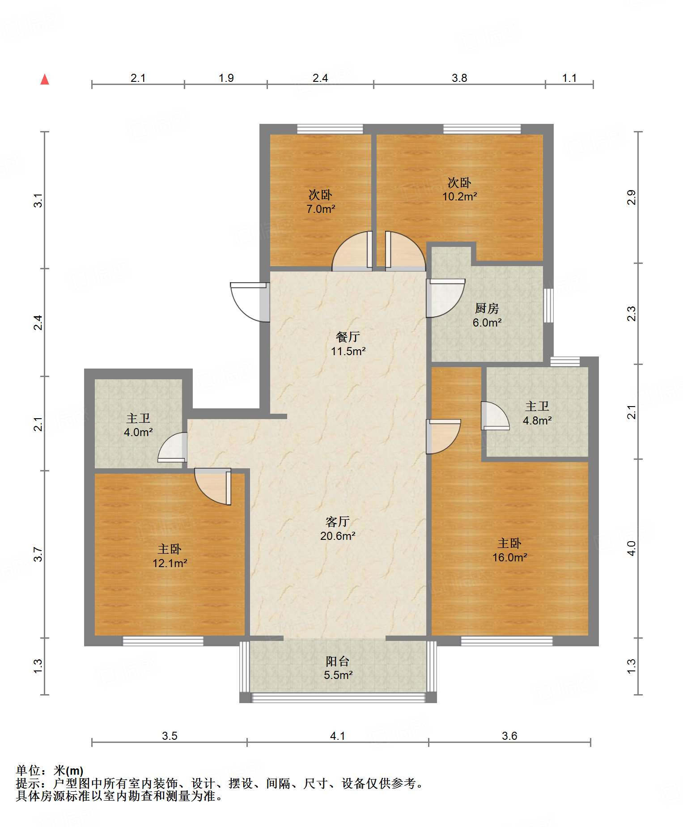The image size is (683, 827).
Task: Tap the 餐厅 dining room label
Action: click(348, 337)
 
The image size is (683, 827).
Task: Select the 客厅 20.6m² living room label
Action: click(338, 528)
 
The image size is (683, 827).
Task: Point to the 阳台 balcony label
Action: click(338, 661)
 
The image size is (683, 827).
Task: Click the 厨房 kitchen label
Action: click(487, 308)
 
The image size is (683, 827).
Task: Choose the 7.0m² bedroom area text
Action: click(321, 209)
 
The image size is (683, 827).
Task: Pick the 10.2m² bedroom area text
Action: click(459, 196)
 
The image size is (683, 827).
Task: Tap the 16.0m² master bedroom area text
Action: click(509, 557)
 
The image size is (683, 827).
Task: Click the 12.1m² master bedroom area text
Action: click(170, 563)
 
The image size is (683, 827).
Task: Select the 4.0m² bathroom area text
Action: click(138, 433)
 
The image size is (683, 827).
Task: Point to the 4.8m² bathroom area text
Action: click(537, 420)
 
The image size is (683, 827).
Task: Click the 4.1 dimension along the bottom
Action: click(338, 736)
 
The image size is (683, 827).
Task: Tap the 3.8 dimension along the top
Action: click(459, 78)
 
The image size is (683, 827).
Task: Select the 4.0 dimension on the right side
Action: click(631, 548)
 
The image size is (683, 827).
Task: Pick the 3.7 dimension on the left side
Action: click(38, 555)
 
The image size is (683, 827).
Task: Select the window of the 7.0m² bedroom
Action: click(330, 129)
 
